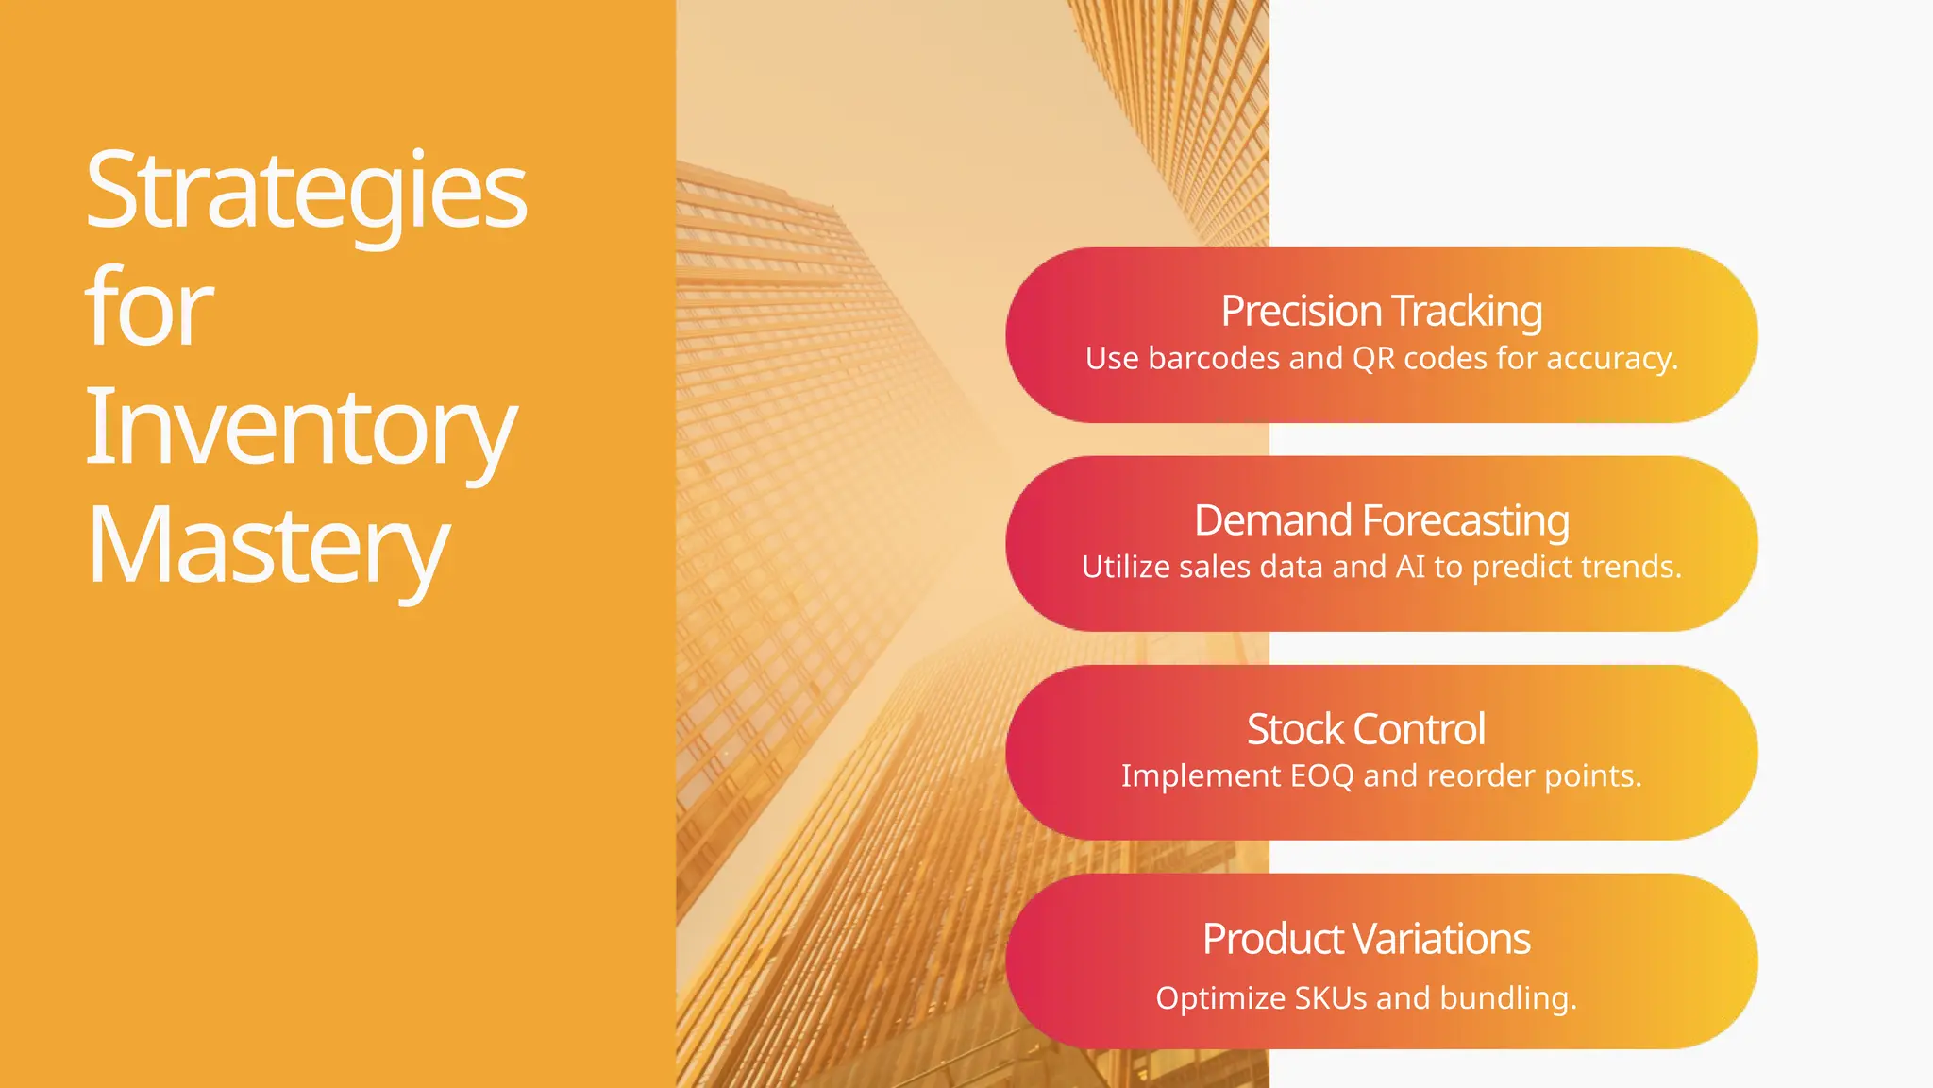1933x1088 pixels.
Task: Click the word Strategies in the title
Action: point(305,192)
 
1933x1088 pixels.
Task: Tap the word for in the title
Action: point(149,308)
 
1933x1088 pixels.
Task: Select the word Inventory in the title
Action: point(300,430)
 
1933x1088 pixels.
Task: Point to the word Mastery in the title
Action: point(267,548)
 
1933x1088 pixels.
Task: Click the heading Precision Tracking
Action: point(1381,311)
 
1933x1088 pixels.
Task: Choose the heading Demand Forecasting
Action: point(1381,520)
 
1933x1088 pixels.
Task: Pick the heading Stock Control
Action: point(1366,729)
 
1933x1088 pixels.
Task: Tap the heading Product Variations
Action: point(1366,939)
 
